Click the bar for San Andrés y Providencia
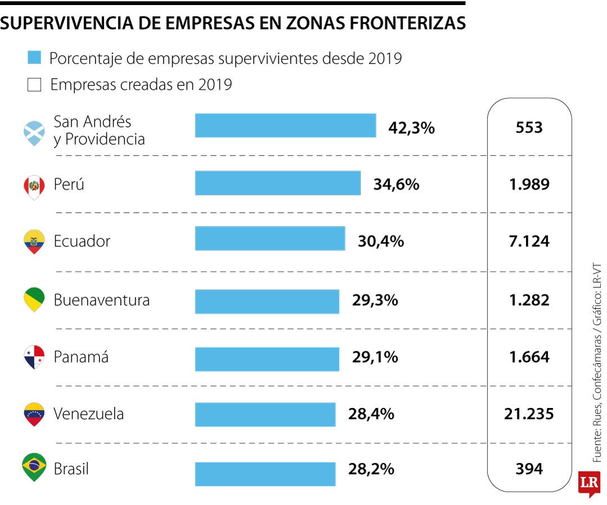point(286,125)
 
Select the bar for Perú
point(278,183)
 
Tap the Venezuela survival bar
point(265,414)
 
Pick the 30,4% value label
point(380,241)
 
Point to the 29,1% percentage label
point(375,357)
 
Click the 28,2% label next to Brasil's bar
point(371,469)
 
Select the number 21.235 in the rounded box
point(529,414)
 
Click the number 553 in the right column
point(529,127)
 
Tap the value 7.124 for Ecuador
point(529,241)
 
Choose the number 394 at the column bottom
point(529,469)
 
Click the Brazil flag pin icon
point(34,466)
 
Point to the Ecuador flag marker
point(34,241)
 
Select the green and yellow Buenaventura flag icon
point(34,299)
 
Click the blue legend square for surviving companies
point(34,58)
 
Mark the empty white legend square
point(34,85)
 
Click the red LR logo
point(589,483)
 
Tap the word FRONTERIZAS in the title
point(402,23)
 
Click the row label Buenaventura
point(102,300)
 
